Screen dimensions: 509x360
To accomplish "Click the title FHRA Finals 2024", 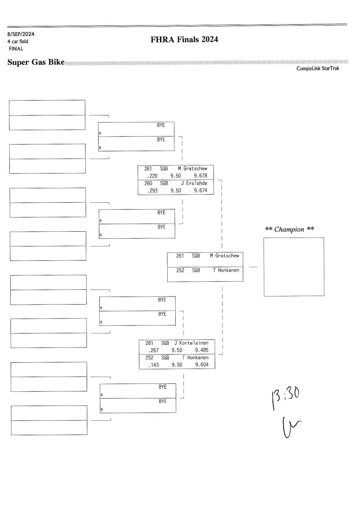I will coord(184,40).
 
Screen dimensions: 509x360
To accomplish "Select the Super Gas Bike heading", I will coord(36,62).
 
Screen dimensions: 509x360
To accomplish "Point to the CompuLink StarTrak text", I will coord(318,68).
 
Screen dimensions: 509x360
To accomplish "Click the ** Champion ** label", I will coord(290,229).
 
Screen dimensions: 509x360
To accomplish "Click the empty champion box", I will coord(294,266).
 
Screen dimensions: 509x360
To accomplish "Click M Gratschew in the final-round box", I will coord(224,256).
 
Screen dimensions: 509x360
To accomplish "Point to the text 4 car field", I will coord(18,42).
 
